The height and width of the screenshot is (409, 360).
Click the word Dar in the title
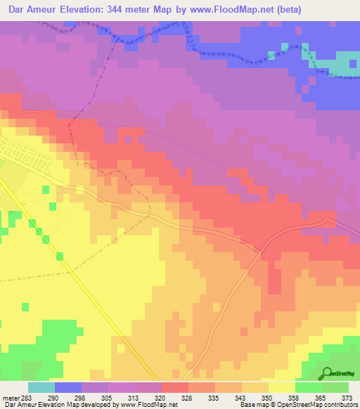pos(13,9)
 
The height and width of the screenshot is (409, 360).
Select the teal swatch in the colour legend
pos(41,387)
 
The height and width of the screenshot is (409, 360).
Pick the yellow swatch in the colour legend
pos(282,387)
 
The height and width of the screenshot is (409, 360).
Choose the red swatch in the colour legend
pos(175,387)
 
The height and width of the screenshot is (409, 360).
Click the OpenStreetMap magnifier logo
pos(326,374)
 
